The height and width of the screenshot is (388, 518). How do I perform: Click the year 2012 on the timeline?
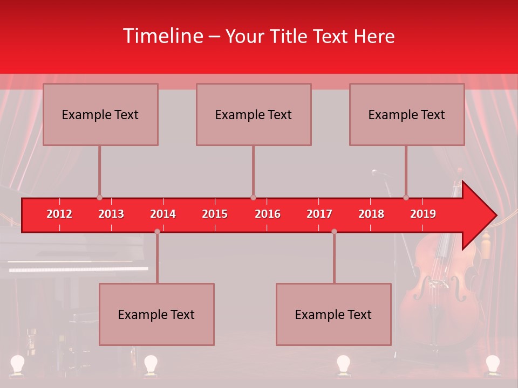(x=59, y=214)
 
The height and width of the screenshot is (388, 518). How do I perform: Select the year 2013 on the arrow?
(x=111, y=214)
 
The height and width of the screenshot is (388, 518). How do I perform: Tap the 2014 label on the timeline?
(x=163, y=214)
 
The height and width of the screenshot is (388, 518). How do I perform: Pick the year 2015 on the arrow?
(x=215, y=214)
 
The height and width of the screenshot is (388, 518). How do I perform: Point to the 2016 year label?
(x=268, y=214)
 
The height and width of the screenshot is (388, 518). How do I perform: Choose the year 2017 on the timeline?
(x=319, y=214)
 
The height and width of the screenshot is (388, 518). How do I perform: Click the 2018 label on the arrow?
(x=371, y=214)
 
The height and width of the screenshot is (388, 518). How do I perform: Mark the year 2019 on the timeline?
(x=423, y=214)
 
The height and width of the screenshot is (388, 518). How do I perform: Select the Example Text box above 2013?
(x=100, y=114)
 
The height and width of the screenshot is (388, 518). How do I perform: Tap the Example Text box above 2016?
(x=254, y=114)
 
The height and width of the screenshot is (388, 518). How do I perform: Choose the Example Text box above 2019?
(x=407, y=114)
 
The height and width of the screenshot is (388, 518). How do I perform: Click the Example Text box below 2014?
(x=156, y=314)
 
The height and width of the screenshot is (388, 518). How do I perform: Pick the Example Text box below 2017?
(x=333, y=314)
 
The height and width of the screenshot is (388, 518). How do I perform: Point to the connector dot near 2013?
(x=99, y=197)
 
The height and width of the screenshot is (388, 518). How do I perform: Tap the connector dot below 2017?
(x=334, y=232)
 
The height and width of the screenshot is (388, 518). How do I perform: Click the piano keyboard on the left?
(x=78, y=268)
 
